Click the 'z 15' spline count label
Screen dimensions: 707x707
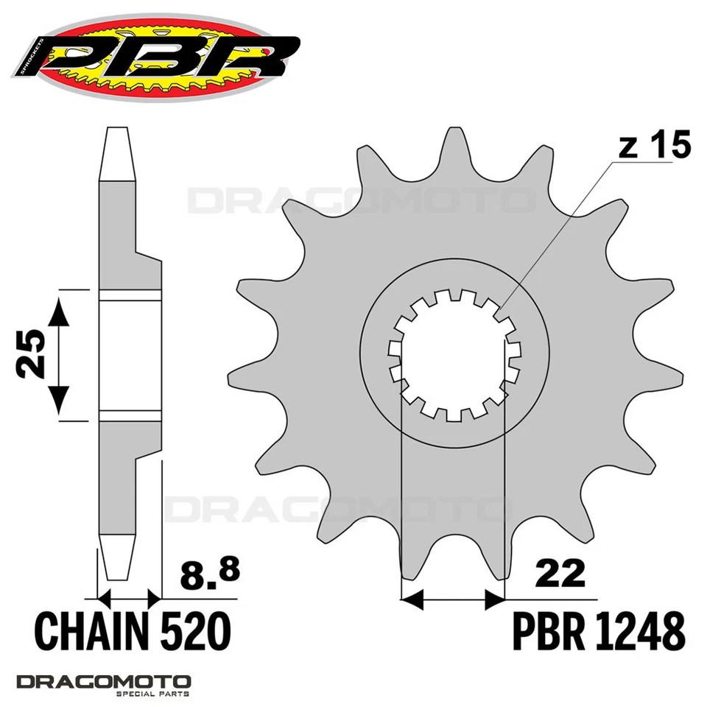click(x=654, y=147)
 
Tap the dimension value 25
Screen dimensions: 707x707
click(x=31, y=354)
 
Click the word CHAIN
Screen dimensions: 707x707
click(x=88, y=631)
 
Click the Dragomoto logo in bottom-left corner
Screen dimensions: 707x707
click(x=103, y=681)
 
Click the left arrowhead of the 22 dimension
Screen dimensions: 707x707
click(x=413, y=599)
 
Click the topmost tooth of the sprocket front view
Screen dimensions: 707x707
click(x=450, y=147)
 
